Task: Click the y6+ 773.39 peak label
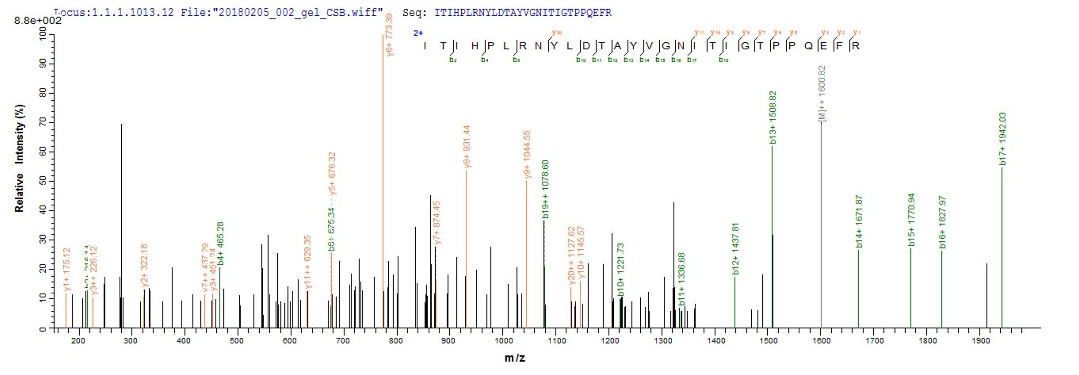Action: click(389, 35)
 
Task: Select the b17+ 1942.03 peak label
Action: click(1002, 139)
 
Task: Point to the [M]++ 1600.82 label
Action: click(822, 94)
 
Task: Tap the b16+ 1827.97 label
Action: click(942, 222)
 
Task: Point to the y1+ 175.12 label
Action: click(67, 269)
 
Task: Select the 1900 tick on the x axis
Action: click(981, 341)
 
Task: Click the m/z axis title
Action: click(514, 358)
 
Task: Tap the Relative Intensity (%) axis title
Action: click(19, 158)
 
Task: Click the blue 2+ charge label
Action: click(418, 33)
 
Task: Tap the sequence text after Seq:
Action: click(523, 13)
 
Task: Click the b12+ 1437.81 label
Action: click(736, 249)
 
